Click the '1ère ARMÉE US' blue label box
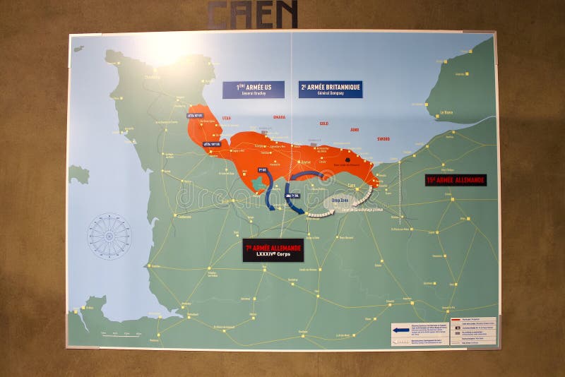click(254, 89)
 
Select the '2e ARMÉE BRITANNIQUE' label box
click(331, 89)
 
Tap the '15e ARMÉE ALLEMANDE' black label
click(456, 180)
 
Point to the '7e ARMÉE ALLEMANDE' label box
click(273, 250)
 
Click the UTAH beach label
click(226, 118)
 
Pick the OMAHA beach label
click(279, 118)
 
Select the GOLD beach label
click(323, 124)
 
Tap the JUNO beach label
click(355, 130)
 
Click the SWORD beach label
click(383, 138)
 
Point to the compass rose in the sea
click(109, 236)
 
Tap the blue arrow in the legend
click(401, 328)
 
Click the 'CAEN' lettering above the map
click(252, 14)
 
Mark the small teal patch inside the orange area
click(258, 183)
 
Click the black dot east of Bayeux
click(349, 160)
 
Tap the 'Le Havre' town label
click(446, 112)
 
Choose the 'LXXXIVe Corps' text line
click(273, 255)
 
